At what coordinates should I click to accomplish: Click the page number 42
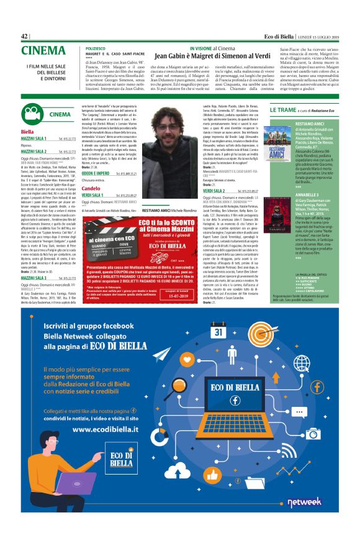click(x=25, y=36)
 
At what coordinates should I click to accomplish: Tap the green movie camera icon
click(x=31, y=114)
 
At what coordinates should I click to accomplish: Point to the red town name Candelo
click(x=91, y=188)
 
